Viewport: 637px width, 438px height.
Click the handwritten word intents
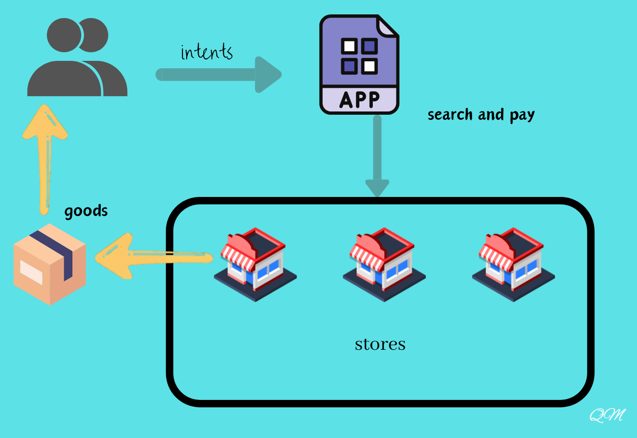pyautogui.click(x=207, y=52)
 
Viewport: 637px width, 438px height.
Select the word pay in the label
pyautogui.click(x=522, y=115)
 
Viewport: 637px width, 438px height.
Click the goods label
pyautogui.click(x=86, y=211)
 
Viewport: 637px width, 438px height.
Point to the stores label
pyautogui.click(x=380, y=344)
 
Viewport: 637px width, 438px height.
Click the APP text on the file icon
pyautogui.click(x=360, y=100)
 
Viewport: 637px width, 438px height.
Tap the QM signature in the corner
pyautogui.click(x=607, y=415)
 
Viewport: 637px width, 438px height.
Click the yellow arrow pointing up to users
pyautogui.click(x=45, y=158)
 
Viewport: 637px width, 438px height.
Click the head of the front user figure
pyautogui.click(x=64, y=35)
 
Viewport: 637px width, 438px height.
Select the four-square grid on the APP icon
pyautogui.click(x=359, y=56)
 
